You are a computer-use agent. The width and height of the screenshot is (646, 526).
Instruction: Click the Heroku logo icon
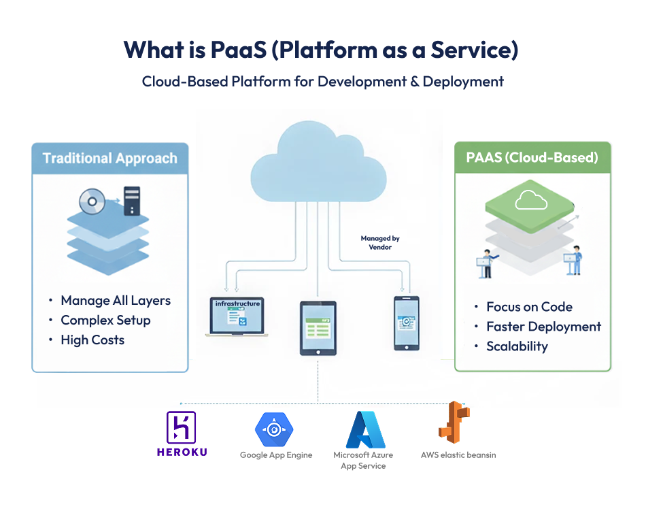coord(181,428)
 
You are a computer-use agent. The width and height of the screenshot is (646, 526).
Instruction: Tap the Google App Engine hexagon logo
coord(274,429)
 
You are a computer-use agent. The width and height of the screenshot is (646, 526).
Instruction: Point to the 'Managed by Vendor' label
coord(380,243)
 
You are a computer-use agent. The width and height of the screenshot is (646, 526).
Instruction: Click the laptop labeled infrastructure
coord(237,316)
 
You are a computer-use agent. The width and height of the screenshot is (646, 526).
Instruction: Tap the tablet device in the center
coord(318,328)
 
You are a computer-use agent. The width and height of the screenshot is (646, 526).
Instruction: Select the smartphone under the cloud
coord(406,322)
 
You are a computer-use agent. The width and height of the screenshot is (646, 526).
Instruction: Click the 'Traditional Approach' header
coord(110,159)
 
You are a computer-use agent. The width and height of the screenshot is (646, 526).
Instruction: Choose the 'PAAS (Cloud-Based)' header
coord(532,157)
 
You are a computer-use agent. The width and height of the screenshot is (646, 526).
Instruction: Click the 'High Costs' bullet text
coord(92,340)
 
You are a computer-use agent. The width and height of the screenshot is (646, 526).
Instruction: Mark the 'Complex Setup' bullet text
coord(105,320)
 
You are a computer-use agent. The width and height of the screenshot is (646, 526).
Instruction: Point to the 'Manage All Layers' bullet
coord(116,301)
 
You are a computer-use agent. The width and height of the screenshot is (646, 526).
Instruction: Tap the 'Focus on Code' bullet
coord(529,307)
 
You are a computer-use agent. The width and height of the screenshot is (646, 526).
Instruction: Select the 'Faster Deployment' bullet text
coord(543,327)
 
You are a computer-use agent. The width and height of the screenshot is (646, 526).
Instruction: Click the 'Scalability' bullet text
coord(517,346)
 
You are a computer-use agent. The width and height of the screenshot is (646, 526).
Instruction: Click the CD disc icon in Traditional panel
coord(92,201)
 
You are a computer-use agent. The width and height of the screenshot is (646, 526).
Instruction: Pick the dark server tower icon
coord(131,201)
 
